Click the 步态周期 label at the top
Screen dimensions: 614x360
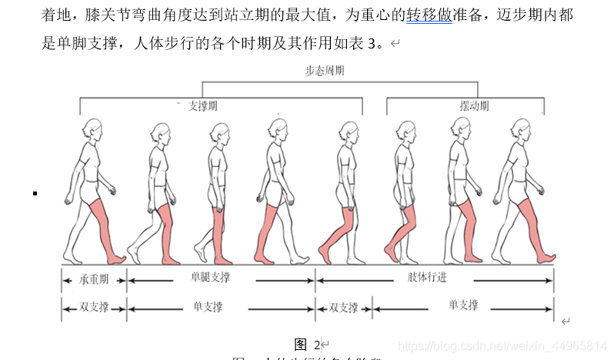point(324,71)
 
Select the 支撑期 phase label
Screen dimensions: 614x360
point(203,106)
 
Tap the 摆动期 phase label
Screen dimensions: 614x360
point(474,106)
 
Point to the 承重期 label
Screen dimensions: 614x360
point(94,280)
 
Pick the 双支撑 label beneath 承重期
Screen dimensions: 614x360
point(94,308)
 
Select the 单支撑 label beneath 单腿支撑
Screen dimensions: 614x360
point(209,307)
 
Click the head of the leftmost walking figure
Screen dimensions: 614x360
point(92,127)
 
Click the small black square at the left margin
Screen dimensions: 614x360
point(35,192)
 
